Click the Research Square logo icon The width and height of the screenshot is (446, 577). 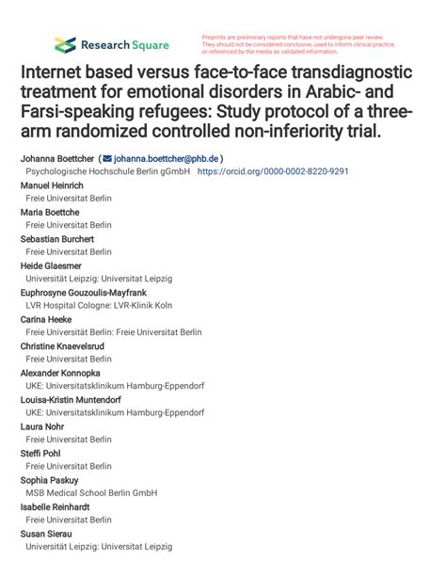(x=65, y=44)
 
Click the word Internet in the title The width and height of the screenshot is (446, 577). (x=60, y=73)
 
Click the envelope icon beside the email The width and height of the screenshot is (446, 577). (x=107, y=158)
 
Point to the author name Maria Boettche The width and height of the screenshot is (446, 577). (x=50, y=212)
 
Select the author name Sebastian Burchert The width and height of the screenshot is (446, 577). (x=58, y=239)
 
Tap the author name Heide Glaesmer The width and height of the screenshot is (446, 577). (x=51, y=265)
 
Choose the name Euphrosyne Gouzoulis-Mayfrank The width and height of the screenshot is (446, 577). (x=83, y=293)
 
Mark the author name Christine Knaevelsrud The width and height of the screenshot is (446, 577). (x=62, y=346)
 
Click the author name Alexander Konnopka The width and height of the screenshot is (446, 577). (x=62, y=373)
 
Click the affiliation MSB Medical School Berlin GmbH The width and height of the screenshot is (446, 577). (x=91, y=492)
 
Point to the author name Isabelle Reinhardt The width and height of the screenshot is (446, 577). (x=56, y=506)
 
